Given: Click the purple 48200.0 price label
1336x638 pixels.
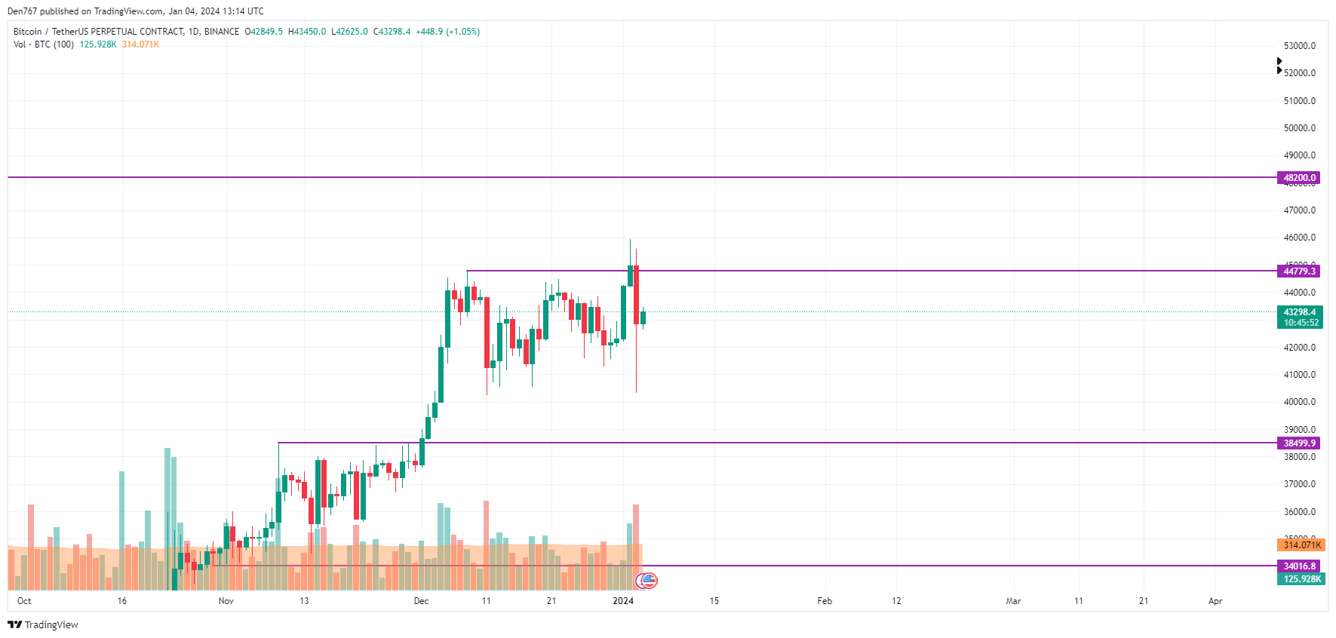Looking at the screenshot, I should pyautogui.click(x=1299, y=178).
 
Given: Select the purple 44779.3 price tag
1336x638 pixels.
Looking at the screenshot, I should pyautogui.click(x=1299, y=271).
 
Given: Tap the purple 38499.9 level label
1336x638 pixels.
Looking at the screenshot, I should pyautogui.click(x=1299, y=443).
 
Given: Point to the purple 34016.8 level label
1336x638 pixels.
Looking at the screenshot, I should pyautogui.click(x=1299, y=566).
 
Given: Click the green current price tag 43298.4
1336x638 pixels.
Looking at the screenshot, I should pyautogui.click(x=1299, y=312).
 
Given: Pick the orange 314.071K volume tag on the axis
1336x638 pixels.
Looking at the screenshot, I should pyautogui.click(x=1301, y=545).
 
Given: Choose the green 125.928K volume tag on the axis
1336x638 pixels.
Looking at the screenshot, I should pyautogui.click(x=1301, y=579).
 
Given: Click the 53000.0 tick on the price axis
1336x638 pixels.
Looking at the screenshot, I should pyautogui.click(x=1299, y=46).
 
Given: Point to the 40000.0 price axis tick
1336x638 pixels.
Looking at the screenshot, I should pyautogui.click(x=1299, y=402).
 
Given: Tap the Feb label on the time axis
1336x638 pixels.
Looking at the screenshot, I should pyautogui.click(x=825, y=601).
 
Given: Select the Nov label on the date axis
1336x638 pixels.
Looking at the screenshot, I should pyautogui.click(x=226, y=601).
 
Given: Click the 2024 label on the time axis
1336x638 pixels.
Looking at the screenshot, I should pyautogui.click(x=623, y=601).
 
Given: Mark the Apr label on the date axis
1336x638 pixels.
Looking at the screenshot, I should pyautogui.click(x=1215, y=601).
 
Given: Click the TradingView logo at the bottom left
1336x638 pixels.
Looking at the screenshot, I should pyautogui.click(x=43, y=624).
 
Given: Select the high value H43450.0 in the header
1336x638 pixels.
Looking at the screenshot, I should pyautogui.click(x=307, y=32).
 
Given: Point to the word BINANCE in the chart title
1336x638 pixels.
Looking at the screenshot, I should pyautogui.click(x=222, y=32).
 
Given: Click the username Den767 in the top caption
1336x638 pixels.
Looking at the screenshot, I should pyautogui.click(x=22, y=11).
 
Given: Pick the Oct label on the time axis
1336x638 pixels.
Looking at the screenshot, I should pyautogui.click(x=24, y=601).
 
